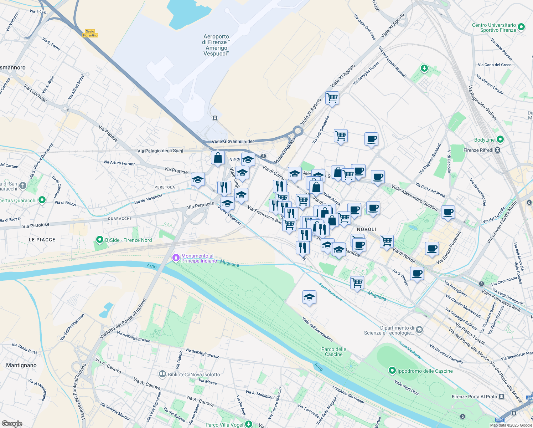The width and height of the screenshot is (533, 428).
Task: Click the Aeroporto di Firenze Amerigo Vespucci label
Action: (216, 45)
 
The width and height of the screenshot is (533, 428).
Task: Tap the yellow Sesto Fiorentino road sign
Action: (90, 34)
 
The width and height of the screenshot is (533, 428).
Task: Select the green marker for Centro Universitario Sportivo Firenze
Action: (521, 27)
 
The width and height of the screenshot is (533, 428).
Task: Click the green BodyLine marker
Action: (500, 139)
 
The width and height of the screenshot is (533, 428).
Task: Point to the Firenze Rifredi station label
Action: (478, 150)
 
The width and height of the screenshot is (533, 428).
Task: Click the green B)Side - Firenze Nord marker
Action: (100, 240)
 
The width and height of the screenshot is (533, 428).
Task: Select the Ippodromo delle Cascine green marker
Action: (392, 371)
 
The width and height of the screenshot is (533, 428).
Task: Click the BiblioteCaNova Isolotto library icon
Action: (162, 374)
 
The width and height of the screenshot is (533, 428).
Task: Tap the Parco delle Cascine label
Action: (334, 352)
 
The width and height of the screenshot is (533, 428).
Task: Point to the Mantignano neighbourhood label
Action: (21, 365)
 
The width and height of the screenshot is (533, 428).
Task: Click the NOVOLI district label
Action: (367, 229)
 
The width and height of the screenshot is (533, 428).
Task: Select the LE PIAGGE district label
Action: (42, 240)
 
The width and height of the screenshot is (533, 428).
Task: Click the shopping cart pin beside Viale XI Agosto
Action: (332, 98)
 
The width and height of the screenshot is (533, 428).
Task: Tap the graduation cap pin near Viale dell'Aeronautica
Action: (309, 297)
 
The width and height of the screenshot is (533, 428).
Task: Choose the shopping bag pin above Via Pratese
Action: (218, 158)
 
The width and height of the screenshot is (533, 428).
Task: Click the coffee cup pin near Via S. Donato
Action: (417, 274)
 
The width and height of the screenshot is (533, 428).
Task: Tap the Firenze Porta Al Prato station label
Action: (474, 397)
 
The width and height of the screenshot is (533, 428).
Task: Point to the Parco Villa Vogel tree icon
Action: (249, 424)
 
